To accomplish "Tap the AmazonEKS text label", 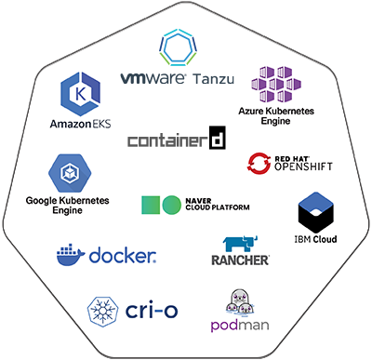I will [x=81, y=124].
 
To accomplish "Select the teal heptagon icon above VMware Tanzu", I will [x=177, y=47].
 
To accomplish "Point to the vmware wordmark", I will [x=154, y=78].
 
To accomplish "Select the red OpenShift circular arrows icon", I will [x=258, y=164].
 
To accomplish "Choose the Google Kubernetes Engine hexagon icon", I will [x=69, y=174].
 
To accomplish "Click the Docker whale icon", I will [x=70, y=254].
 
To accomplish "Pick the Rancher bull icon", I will [x=240, y=243].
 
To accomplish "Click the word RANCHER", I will [x=240, y=260].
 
